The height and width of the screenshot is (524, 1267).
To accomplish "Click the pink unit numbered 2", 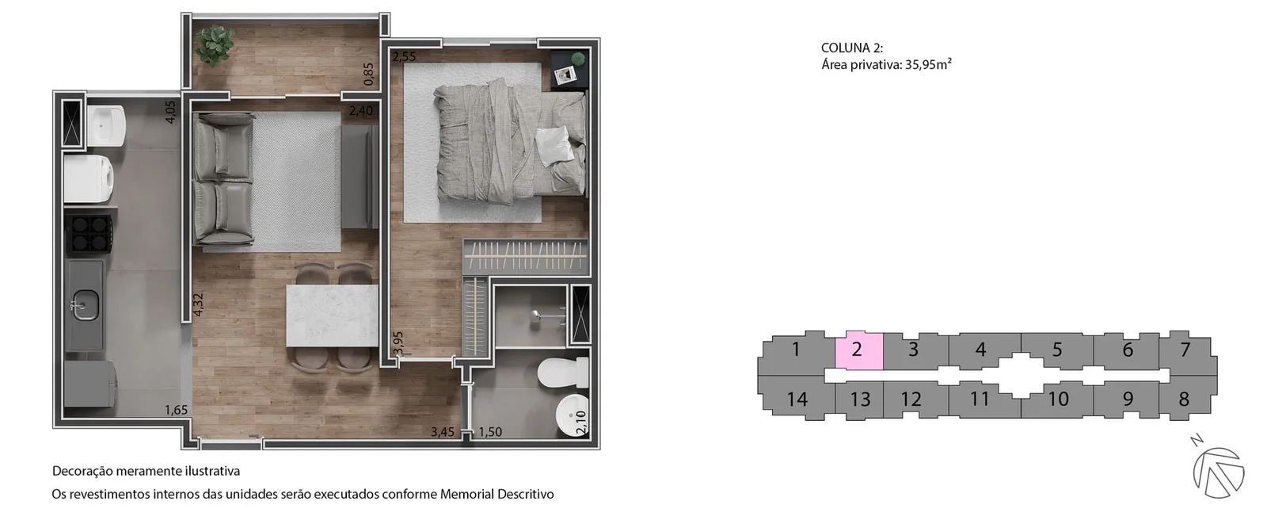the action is click(858, 350).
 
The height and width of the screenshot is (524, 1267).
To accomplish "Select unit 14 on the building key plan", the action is click(797, 399).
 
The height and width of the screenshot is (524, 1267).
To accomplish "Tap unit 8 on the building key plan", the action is click(1185, 399).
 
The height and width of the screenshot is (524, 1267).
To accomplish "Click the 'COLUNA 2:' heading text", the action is click(852, 48).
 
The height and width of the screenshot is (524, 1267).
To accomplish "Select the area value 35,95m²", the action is click(928, 64).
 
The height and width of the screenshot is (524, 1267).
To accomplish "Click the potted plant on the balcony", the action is click(214, 44).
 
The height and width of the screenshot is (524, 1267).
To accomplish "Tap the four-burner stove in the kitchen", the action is click(89, 233).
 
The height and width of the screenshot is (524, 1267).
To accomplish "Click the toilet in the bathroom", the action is click(563, 372).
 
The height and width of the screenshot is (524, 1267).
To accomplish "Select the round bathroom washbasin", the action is click(572, 416).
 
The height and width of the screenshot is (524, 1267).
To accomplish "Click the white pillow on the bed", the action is click(554, 145).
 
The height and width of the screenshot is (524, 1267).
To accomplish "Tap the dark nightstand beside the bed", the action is click(569, 69).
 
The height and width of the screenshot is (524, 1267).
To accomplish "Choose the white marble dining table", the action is click(332, 316).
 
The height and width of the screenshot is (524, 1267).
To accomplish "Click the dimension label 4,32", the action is click(197, 304).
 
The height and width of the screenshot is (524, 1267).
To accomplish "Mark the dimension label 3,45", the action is click(443, 432).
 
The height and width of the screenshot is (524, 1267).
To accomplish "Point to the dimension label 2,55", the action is click(404, 56).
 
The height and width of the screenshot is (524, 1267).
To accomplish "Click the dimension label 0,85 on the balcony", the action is click(368, 74).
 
